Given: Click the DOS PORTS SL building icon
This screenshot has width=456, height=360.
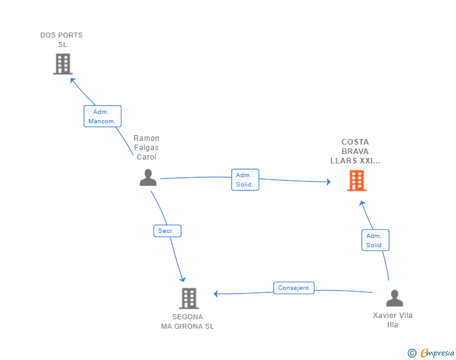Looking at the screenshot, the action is click(x=63, y=64).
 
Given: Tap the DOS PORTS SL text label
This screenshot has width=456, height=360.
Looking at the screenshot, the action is click(x=61, y=40).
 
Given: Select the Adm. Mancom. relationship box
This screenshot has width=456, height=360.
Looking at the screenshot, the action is click(x=102, y=116).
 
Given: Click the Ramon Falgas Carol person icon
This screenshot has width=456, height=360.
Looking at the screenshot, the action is click(x=148, y=177).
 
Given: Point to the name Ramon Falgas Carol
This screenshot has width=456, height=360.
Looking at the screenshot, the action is click(x=147, y=147).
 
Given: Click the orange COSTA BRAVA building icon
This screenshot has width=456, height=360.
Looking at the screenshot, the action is click(x=356, y=180).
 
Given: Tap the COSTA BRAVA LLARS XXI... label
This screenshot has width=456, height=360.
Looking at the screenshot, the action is click(x=355, y=152).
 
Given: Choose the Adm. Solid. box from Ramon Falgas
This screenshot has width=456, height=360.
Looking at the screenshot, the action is click(x=245, y=180).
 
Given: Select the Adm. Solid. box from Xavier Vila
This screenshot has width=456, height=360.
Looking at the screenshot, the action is click(x=375, y=240).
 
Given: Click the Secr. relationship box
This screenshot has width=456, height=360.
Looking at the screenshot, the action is click(x=167, y=231).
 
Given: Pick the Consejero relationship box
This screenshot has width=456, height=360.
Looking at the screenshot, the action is click(x=294, y=288).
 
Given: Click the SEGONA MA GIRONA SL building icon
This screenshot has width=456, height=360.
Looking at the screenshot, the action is click(x=189, y=299).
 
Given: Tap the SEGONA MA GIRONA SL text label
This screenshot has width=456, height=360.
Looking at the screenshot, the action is click(x=187, y=322).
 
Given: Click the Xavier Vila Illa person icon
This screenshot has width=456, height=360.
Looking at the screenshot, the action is click(x=395, y=298).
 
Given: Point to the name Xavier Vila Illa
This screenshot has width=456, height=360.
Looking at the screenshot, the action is click(x=393, y=320).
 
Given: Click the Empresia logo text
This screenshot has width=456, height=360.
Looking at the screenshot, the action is click(x=437, y=352).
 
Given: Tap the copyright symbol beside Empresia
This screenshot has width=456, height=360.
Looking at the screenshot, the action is click(x=412, y=353).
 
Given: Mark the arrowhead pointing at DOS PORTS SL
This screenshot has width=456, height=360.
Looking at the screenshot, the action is click(x=73, y=80).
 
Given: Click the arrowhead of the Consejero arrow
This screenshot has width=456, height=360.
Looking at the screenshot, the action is click(x=215, y=294).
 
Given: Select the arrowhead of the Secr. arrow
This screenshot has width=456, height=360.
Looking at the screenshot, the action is click(x=183, y=280).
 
